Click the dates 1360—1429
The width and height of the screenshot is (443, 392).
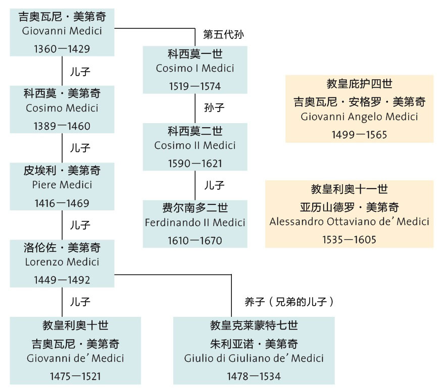62,49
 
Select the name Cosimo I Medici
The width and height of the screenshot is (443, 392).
195,69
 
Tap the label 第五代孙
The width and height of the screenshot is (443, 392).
224,35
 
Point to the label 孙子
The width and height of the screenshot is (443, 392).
214,108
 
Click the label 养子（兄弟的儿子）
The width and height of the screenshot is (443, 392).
289,302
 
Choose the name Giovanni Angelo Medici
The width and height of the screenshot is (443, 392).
359,117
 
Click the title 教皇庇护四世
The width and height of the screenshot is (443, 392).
359,84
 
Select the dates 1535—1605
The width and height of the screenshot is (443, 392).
349,240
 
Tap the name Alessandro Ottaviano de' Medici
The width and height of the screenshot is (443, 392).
349,221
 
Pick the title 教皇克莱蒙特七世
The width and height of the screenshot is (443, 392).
254,325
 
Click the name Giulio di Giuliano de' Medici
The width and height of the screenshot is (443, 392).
254,358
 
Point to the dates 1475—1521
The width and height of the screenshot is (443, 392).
75,376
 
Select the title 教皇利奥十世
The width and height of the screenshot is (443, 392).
75,325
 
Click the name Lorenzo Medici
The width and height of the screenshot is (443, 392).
62,262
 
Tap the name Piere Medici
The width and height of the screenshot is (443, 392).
62,185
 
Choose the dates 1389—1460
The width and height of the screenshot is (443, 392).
62,126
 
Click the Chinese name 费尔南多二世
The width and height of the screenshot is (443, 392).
195,208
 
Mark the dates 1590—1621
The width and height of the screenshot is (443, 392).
195,163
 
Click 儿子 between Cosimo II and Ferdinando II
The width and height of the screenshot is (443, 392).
214,185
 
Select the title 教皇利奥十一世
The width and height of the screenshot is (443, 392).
349,189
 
